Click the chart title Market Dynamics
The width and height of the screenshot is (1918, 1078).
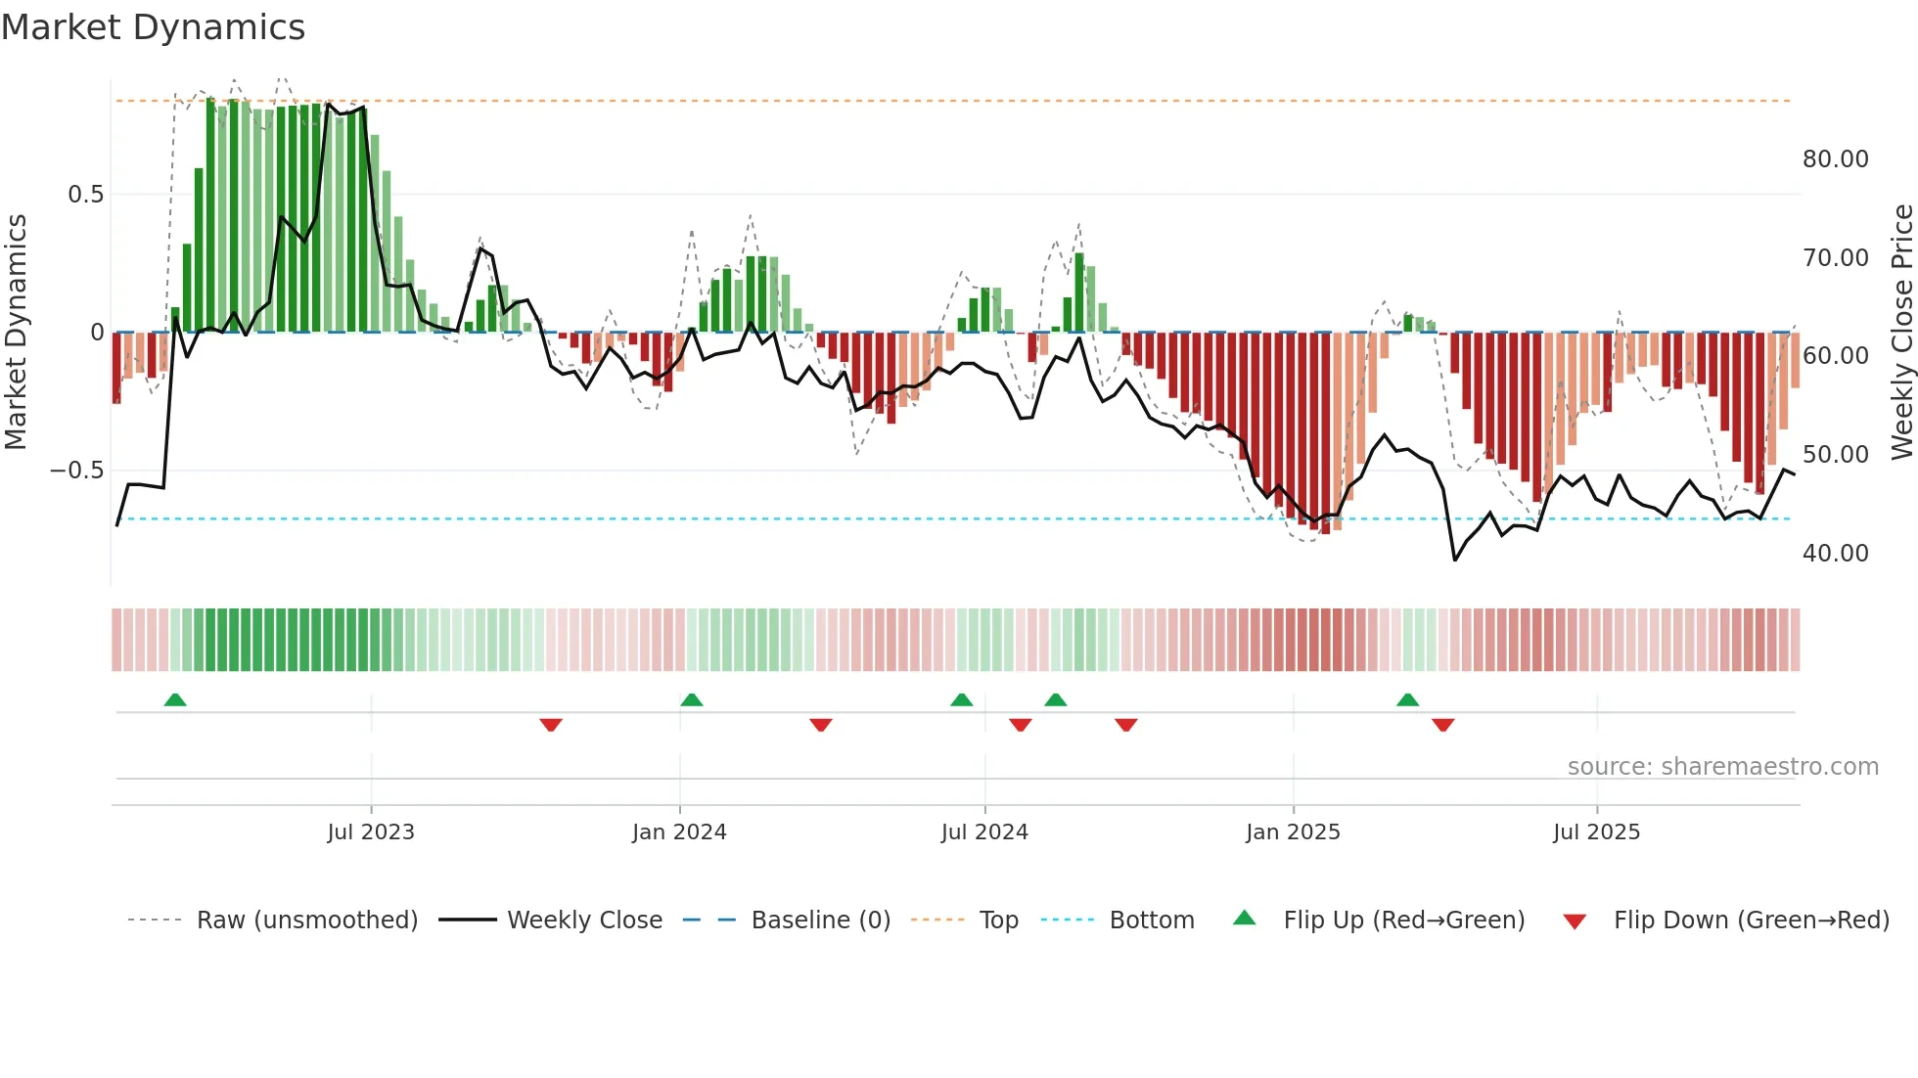pos(153,27)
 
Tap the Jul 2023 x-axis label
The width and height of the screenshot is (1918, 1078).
pos(371,832)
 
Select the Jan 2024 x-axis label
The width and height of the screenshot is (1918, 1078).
pos(679,832)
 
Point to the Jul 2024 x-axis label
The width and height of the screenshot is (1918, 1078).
pos(984,832)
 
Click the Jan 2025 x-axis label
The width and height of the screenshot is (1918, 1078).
pos(1293,832)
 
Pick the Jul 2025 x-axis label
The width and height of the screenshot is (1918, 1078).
pos(1596,832)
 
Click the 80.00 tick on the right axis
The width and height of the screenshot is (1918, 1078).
pos(1835,159)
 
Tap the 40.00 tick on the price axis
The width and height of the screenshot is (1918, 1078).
pos(1835,554)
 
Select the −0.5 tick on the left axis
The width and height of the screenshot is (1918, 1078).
pos(77,471)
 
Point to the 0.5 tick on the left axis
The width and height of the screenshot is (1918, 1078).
pos(85,195)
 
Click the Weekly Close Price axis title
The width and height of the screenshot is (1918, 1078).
pos(1901,333)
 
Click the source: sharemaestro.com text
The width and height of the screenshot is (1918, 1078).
pos(1722,767)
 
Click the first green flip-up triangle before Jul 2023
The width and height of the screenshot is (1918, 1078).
pos(175,699)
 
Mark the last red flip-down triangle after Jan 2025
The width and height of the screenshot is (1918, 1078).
pos(1442,725)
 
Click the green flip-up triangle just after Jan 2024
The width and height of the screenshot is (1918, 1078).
pos(691,699)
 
